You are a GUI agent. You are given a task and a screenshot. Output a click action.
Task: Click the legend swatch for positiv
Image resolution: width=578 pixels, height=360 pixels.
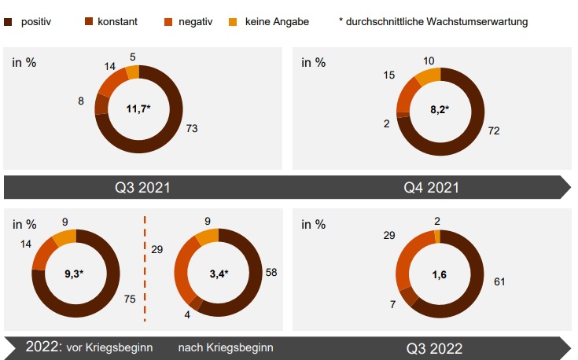(9, 22)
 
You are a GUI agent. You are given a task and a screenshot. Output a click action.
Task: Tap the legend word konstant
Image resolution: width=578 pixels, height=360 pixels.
(116, 22)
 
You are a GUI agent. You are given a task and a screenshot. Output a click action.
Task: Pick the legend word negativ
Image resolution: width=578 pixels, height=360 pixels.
(194, 22)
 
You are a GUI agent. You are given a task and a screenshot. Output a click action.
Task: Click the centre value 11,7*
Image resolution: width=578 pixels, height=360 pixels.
(138, 108)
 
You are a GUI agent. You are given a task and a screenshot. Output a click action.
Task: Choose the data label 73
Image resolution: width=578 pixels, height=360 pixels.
(190, 128)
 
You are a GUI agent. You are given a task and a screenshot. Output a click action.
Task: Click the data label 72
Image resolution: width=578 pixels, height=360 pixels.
(494, 130)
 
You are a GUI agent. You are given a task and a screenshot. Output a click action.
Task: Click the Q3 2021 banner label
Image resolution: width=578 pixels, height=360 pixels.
(142, 188)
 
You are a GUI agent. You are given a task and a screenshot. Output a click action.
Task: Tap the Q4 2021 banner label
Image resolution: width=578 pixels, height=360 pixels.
(432, 188)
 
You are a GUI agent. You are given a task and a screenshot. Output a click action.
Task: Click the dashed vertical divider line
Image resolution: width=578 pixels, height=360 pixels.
(145, 267)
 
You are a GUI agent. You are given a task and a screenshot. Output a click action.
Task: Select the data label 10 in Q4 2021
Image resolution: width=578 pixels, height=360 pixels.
(428, 61)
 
